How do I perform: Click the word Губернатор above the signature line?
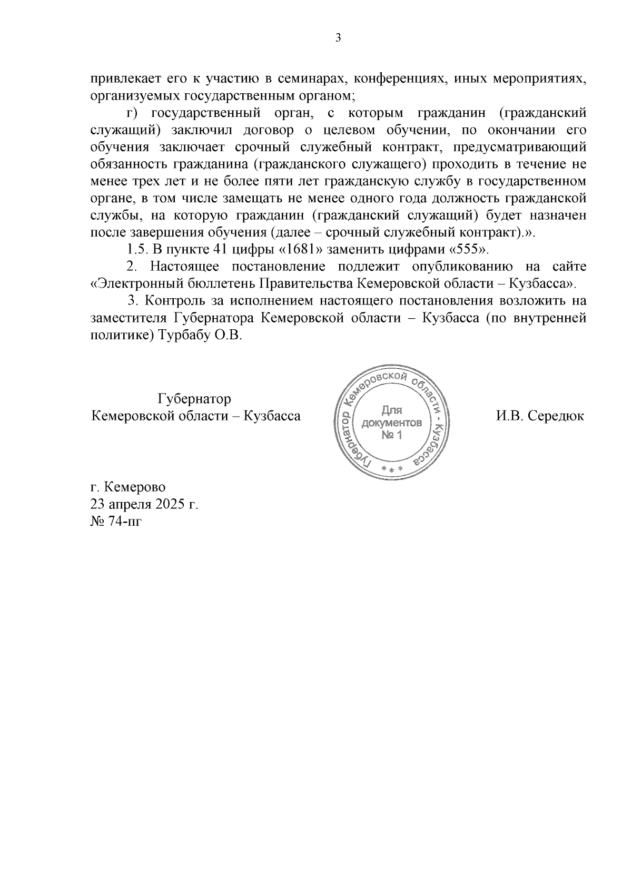tap(194, 399)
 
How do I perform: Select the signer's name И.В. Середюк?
tap(540, 416)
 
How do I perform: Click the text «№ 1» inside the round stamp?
tap(391, 435)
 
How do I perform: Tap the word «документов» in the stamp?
tap(391, 423)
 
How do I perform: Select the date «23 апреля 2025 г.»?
tap(144, 504)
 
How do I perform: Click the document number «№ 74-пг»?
tap(116, 521)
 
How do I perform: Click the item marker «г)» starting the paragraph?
tap(132, 113)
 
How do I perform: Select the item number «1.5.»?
tap(138, 249)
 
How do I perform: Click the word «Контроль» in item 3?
tap(172, 301)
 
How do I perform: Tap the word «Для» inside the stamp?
tap(392, 410)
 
